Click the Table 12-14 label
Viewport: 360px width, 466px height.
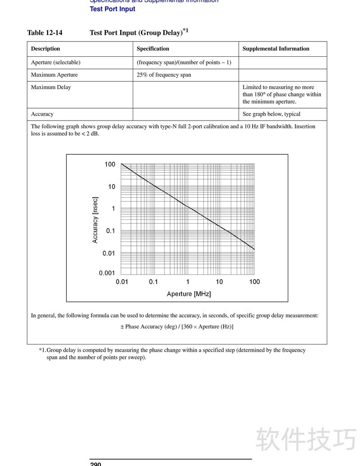click(x=45, y=32)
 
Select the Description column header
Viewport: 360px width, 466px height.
click(x=45, y=49)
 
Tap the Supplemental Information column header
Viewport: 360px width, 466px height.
click(x=276, y=49)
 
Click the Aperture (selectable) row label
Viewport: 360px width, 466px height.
click(x=56, y=62)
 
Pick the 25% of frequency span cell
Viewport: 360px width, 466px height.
click(x=164, y=75)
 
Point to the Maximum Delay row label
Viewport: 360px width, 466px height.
click(x=51, y=87)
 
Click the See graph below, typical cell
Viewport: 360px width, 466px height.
click(x=271, y=114)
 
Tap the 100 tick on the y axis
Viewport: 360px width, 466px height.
click(x=110, y=164)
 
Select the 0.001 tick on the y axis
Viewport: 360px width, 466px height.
click(x=107, y=273)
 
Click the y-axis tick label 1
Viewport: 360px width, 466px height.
click(x=113, y=208)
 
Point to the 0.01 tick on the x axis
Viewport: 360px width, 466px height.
click(x=122, y=282)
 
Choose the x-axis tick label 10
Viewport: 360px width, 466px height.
click(x=219, y=282)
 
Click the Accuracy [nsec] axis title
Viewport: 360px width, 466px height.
click(x=95, y=220)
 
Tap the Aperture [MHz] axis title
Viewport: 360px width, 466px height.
click(x=189, y=294)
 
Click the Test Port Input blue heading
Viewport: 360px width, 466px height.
click(x=112, y=9)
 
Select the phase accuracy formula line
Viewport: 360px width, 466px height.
click(x=177, y=326)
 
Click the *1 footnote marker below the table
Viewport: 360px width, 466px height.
click(x=42, y=350)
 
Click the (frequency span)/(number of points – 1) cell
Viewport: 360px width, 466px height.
click(x=184, y=62)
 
